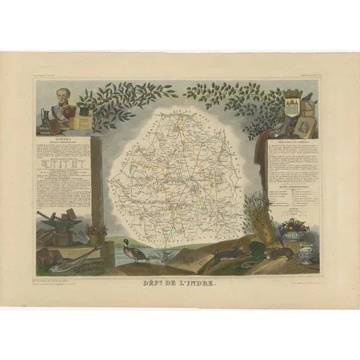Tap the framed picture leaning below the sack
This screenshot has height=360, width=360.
(x=304, y=125)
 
